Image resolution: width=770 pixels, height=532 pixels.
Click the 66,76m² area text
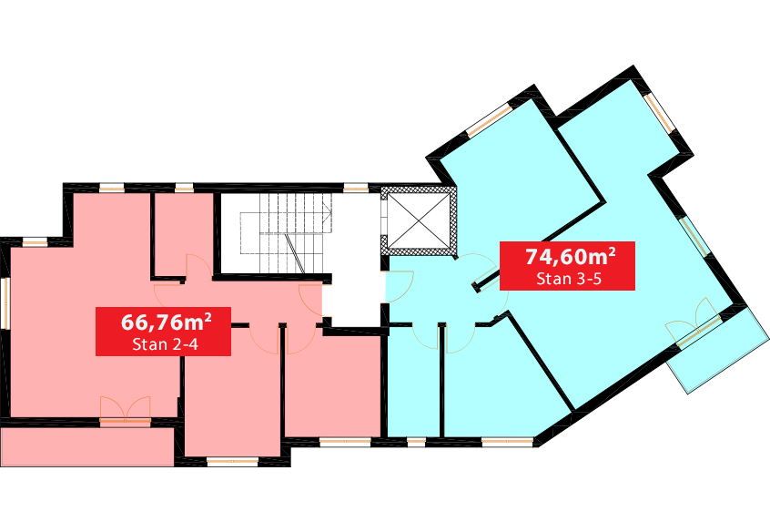pyautogui.click(x=166, y=322)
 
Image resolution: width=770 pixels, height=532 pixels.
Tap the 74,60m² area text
pyautogui.click(x=570, y=256)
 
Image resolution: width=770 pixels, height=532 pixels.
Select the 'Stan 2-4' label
pyautogui.click(x=165, y=344)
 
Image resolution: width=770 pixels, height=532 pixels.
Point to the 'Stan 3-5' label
pyautogui.click(x=569, y=279)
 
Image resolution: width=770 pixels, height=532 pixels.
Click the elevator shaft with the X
pyautogui.click(x=419, y=220)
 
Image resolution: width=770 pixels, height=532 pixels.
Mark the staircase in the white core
pyautogui.click(x=286, y=233)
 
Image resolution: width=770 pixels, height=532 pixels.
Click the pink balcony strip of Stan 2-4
pyautogui.click(x=87, y=447)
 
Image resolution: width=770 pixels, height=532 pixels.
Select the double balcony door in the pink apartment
pyautogui.click(x=126, y=409)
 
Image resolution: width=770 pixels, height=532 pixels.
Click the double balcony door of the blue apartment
pyautogui.click(x=694, y=323)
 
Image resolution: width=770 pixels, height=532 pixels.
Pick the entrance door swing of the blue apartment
pyautogui.click(x=400, y=287)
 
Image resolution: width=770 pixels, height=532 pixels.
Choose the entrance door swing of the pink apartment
pyautogui.click(x=310, y=301)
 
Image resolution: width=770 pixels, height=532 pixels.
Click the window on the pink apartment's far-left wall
pyautogui.click(x=5, y=302)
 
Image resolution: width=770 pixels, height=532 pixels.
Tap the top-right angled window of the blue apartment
pyautogui.click(x=660, y=113)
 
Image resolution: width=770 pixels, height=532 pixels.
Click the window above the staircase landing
pyautogui.click(x=356, y=188)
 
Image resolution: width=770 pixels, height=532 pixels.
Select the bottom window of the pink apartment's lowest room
pyautogui.click(x=232, y=461)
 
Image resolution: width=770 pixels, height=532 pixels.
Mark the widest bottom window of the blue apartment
pyautogui.click(x=508, y=442)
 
